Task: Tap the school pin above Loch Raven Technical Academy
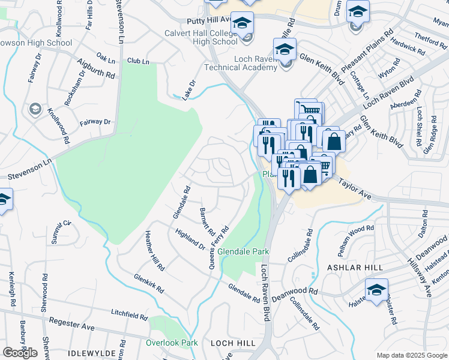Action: (x=285, y=50)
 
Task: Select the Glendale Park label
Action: (x=243, y=251)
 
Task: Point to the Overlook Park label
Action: (x=172, y=343)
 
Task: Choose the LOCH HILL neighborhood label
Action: (x=233, y=343)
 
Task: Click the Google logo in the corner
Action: (x=20, y=353)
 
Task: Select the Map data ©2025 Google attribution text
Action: (x=411, y=355)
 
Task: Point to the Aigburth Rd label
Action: (x=95, y=68)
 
